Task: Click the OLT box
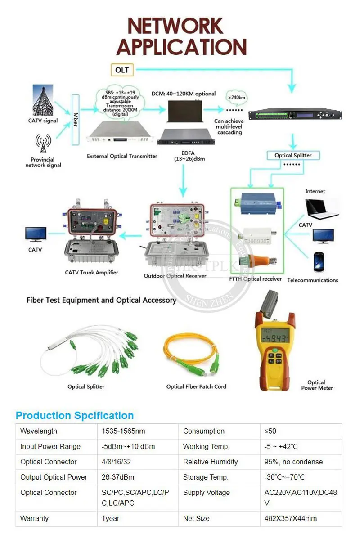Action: click(x=122, y=70)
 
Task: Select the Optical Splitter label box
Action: click(x=293, y=155)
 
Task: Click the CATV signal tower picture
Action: click(x=43, y=100)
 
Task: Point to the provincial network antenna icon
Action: click(x=43, y=144)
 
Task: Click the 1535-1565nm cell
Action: click(x=123, y=431)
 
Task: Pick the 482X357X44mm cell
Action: click(x=291, y=518)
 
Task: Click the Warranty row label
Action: click(x=34, y=518)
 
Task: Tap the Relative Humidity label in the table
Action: click(x=210, y=462)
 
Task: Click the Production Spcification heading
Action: click(x=75, y=415)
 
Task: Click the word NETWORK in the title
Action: click(x=175, y=27)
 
